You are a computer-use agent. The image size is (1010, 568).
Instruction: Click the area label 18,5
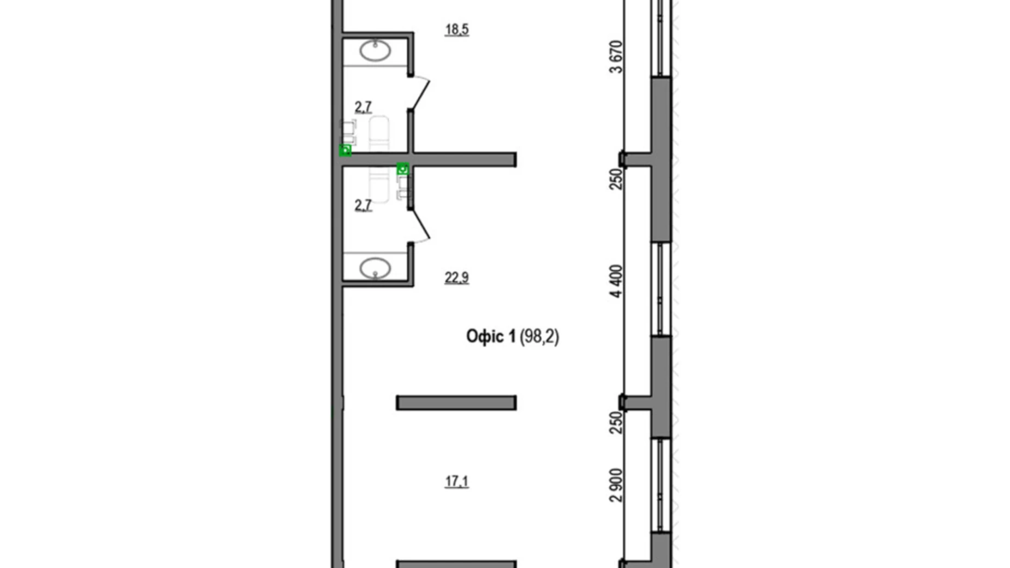pos(456,29)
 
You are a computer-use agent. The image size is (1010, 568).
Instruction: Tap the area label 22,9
pos(456,278)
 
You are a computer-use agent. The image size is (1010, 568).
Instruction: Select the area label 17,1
pos(456,482)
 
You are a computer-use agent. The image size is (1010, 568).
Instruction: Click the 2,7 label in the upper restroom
pos(363,107)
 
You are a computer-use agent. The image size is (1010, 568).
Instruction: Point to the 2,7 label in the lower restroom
pos(363,205)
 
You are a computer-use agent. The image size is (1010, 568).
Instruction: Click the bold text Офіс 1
pos(490,336)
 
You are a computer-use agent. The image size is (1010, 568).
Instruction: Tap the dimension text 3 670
pos(616,57)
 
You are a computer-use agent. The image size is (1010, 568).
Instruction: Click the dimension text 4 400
pos(616,281)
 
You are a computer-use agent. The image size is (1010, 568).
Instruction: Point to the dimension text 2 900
pos(616,485)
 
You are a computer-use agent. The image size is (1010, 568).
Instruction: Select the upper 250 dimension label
pos(616,179)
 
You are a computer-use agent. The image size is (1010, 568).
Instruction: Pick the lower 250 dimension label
pos(616,422)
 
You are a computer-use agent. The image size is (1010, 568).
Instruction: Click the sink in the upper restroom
pos(375,51)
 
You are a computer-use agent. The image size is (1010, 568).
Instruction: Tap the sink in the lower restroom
pos(375,268)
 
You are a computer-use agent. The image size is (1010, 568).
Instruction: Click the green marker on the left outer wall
pos(345,150)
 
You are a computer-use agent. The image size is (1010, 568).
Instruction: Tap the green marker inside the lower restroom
pos(403,169)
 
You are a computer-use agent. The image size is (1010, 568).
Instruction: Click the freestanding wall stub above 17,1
pos(456,403)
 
